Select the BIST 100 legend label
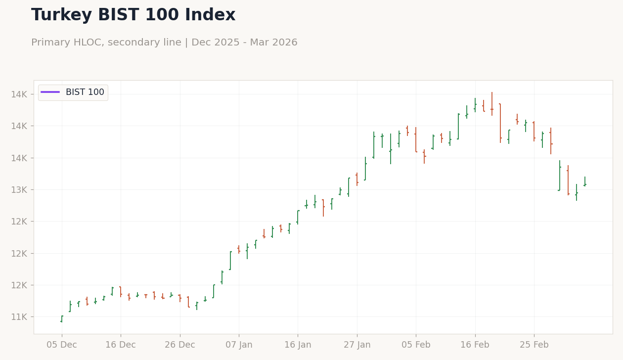[85, 92]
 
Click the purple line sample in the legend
[50, 92]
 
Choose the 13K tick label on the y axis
[19, 190]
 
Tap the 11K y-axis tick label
[19, 317]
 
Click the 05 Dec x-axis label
[62, 345]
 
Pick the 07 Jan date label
[239, 345]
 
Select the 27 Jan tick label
[357, 345]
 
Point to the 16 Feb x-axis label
[475, 345]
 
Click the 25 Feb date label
[534, 345]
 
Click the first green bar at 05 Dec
[62, 319]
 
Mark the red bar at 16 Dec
[121, 292]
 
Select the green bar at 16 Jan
[298, 217]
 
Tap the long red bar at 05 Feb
[416, 139]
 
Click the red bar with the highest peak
[492, 104]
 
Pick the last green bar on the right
[585, 181]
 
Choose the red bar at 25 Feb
[534, 132]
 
